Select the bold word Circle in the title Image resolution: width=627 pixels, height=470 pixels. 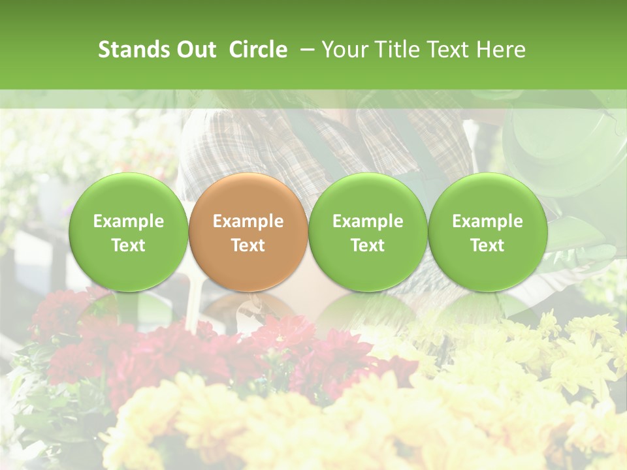click(258, 50)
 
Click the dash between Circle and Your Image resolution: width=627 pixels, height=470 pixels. click(304, 50)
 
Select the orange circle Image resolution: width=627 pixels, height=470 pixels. click(248, 232)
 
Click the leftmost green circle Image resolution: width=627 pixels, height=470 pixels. click(128, 232)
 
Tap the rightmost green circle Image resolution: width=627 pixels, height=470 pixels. click(487, 232)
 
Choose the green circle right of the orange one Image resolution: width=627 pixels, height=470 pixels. click(368, 232)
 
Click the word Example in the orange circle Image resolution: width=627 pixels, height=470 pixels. click(248, 221)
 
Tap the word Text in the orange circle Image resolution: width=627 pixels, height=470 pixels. click(248, 245)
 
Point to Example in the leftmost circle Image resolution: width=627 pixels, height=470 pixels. click(128, 221)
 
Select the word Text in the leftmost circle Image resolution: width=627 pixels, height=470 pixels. click(128, 245)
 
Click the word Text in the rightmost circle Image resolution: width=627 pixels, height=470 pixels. click(487, 245)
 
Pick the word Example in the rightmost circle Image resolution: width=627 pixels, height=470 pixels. click(487, 221)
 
